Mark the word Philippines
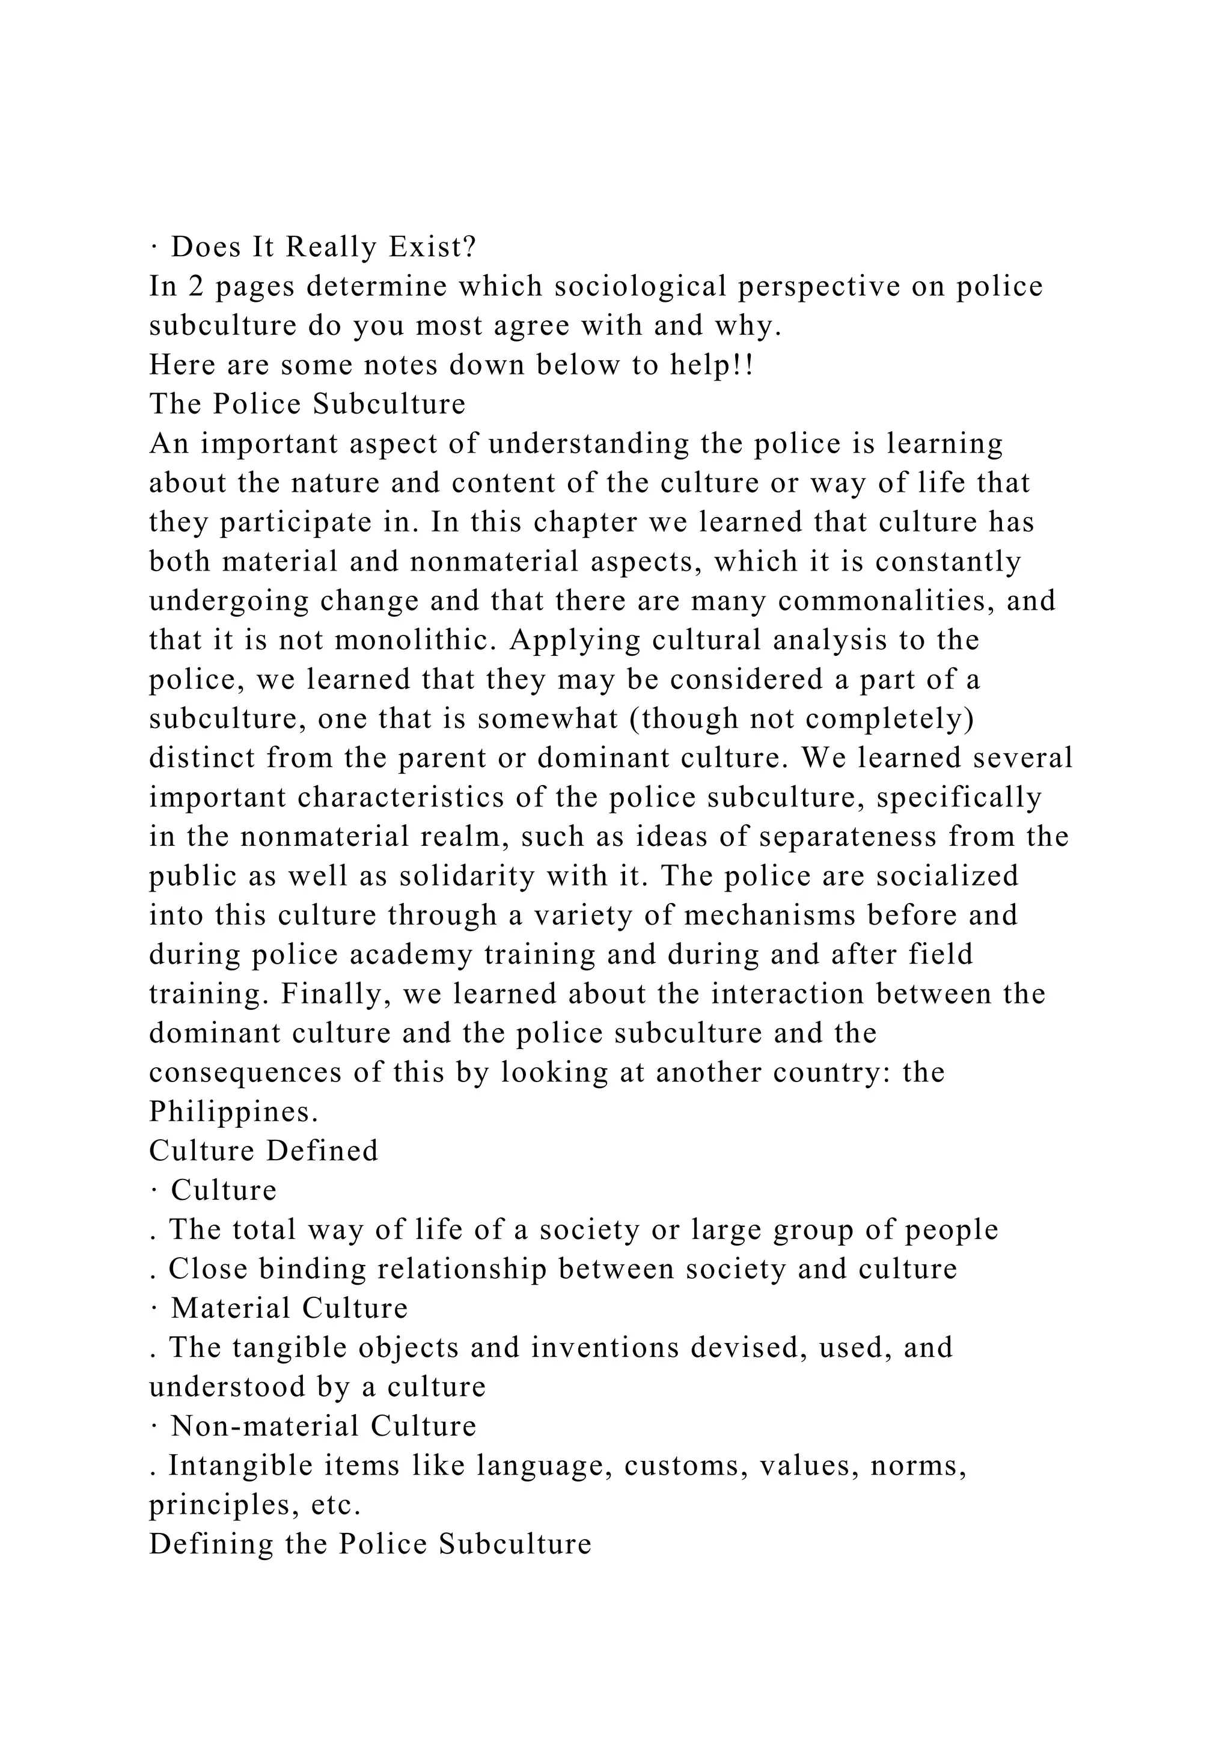click(x=233, y=1112)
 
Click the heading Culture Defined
click(x=264, y=1151)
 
